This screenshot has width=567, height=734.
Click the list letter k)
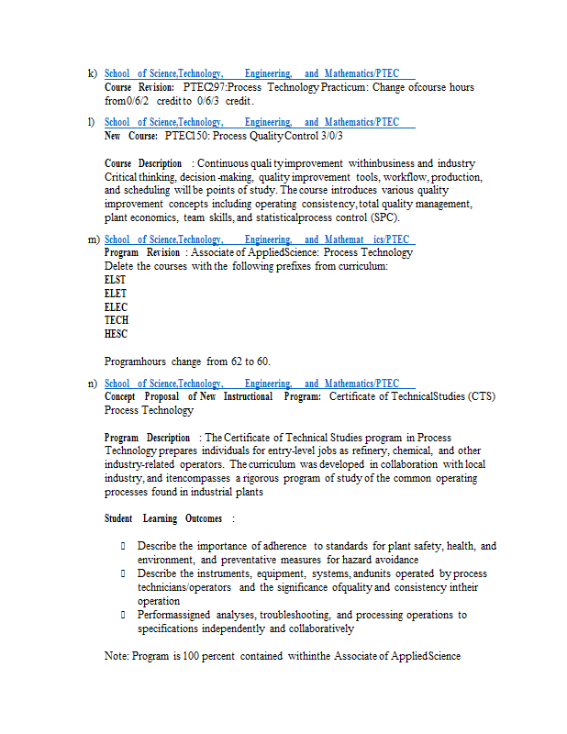click(92, 73)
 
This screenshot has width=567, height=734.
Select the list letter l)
click(91, 122)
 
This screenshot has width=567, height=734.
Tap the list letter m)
click(93, 239)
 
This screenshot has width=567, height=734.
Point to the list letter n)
click(92, 384)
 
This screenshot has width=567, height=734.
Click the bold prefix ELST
click(116, 279)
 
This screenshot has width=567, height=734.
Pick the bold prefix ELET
click(116, 293)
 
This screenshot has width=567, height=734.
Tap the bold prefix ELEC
click(117, 306)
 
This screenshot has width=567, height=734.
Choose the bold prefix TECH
click(117, 320)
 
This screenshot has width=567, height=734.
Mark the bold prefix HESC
click(117, 334)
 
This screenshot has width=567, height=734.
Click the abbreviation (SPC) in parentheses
click(385, 217)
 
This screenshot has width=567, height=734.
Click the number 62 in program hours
click(237, 361)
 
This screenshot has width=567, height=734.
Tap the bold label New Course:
click(131, 136)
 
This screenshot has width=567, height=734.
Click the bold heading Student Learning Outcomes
click(163, 518)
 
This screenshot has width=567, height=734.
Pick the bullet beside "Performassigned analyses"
click(122, 615)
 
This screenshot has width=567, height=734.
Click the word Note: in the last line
click(117, 656)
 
